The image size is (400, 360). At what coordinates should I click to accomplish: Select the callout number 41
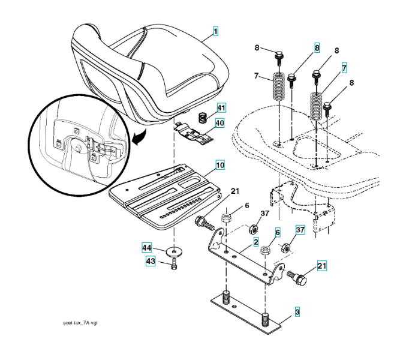[x=221, y=107]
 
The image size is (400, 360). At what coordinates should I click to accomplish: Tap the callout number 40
[x=220, y=123]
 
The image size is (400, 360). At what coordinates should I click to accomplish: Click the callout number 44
[x=147, y=247]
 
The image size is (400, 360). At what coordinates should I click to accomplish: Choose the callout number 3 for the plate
[x=296, y=312]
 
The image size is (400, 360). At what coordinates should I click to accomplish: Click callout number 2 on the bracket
[x=256, y=242]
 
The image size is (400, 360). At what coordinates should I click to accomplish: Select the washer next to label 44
[x=175, y=249]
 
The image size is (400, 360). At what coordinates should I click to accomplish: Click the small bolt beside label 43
[x=174, y=264]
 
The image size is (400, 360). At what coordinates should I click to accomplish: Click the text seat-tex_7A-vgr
[x=80, y=323]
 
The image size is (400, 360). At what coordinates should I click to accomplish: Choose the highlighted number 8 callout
[x=317, y=46]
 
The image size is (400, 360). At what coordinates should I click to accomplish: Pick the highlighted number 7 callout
[x=344, y=68]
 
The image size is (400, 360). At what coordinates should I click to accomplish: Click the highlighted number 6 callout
[x=278, y=232]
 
